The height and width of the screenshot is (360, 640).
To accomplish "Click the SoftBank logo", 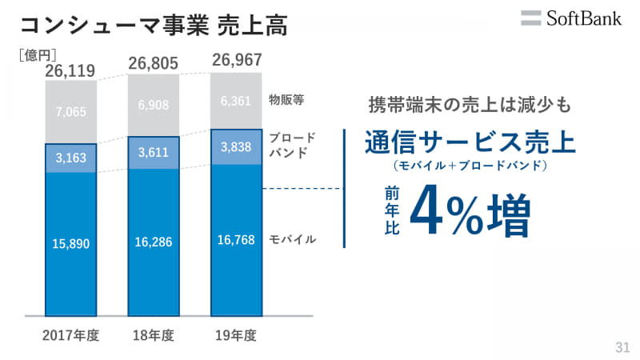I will point(570,18).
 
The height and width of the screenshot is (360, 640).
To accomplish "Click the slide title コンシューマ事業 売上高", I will point(153,25).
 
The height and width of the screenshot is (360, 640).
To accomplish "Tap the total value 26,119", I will point(70,71).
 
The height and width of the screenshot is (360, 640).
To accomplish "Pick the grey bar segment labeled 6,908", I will point(153,105).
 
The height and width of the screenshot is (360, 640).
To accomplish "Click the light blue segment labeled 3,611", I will point(153,153).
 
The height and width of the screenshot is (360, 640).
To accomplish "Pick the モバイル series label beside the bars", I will point(293,238).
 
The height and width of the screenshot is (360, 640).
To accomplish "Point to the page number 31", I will point(622,347).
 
